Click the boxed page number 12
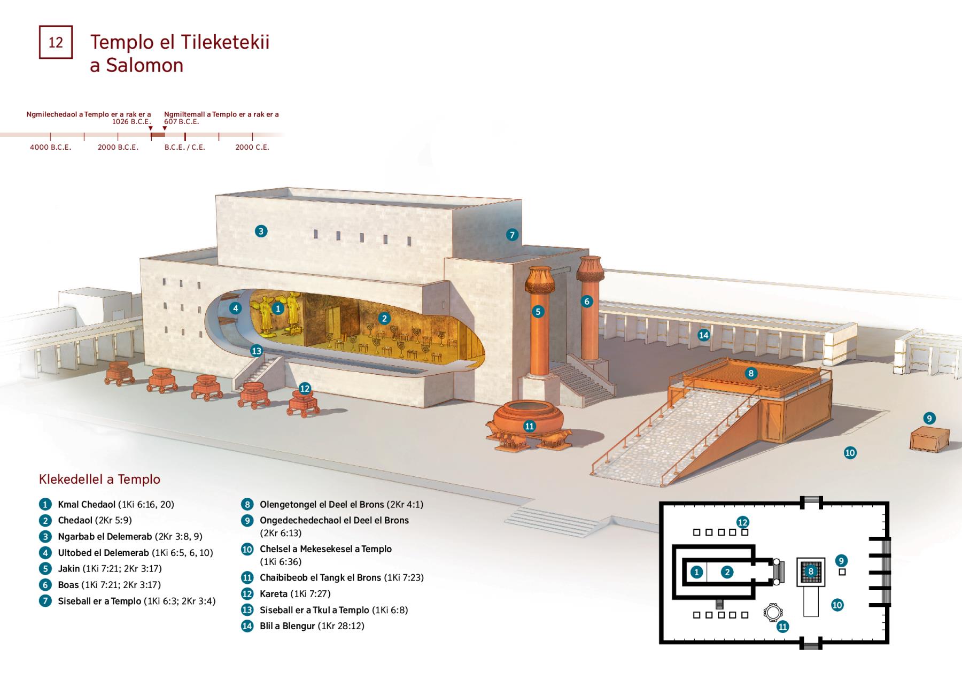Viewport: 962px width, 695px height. coord(56,42)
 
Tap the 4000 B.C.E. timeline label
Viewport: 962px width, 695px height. coord(50,147)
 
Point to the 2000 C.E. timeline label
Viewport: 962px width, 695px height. coord(252,147)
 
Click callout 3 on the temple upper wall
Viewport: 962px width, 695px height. coord(261,231)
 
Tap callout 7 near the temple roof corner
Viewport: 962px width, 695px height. coord(512,235)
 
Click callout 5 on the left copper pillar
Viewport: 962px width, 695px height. coord(538,312)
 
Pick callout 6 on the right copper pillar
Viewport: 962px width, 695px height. coord(587,302)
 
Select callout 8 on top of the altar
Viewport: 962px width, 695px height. coord(751,373)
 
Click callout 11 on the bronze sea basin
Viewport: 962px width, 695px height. coord(529,426)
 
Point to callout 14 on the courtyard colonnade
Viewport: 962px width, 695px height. coord(703,335)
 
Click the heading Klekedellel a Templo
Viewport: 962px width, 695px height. coord(99,480)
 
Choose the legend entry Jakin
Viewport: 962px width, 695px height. coord(69,569)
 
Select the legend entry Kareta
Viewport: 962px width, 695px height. coord(274,594)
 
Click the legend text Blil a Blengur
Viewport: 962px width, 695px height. coord(287,626)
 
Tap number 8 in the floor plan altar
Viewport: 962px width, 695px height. coord(811,572)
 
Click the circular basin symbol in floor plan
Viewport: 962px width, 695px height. coord(772,613)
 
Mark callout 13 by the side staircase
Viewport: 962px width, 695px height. coord(257,351)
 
